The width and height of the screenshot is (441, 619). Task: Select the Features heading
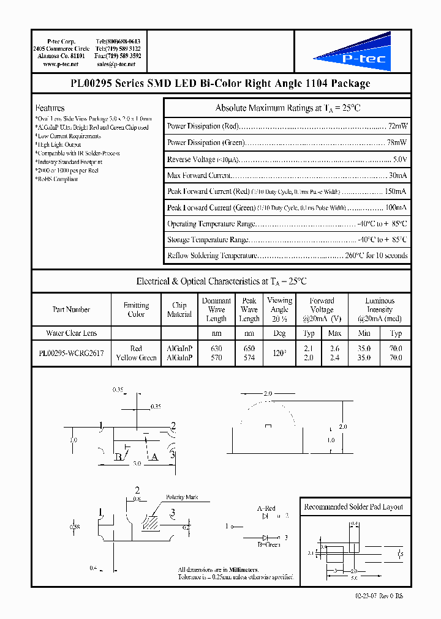pos(50,107)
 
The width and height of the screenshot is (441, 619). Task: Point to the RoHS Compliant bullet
pos(58,179)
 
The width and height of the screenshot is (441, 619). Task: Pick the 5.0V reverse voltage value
pos(399,159)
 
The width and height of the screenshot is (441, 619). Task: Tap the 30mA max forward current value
pos(398,176)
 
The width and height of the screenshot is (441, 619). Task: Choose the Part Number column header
pos(71,309)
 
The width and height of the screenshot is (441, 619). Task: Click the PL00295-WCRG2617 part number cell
pos(71,353)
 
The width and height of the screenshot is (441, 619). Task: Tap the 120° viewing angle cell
pos(279,353)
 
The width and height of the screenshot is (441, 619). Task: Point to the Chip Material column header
pos(179,309)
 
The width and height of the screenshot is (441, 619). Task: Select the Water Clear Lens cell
pos(71,333)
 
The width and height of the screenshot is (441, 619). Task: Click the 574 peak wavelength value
pos(249,357)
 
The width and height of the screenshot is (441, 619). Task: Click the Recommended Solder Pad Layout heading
pos(353,507)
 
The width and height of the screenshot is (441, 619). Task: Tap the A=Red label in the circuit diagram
pos(266,508)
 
